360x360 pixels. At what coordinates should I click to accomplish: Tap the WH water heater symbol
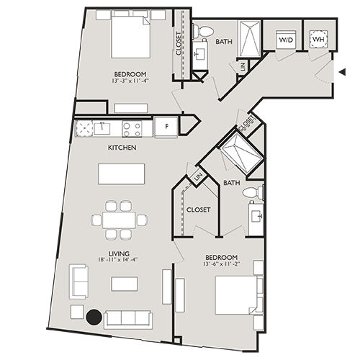318,40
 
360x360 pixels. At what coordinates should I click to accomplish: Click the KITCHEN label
122,148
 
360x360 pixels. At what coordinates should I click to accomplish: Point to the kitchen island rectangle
122,174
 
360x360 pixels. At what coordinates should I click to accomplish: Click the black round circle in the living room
94,315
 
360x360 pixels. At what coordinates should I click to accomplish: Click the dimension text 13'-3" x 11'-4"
130,81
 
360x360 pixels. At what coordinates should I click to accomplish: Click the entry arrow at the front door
343,71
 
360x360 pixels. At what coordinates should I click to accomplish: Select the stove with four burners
132,128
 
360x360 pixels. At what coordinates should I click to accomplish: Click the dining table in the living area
120,220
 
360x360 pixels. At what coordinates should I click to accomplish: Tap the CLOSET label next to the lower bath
198,210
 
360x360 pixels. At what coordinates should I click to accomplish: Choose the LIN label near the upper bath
243,66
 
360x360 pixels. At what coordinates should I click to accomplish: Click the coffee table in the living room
124,284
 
